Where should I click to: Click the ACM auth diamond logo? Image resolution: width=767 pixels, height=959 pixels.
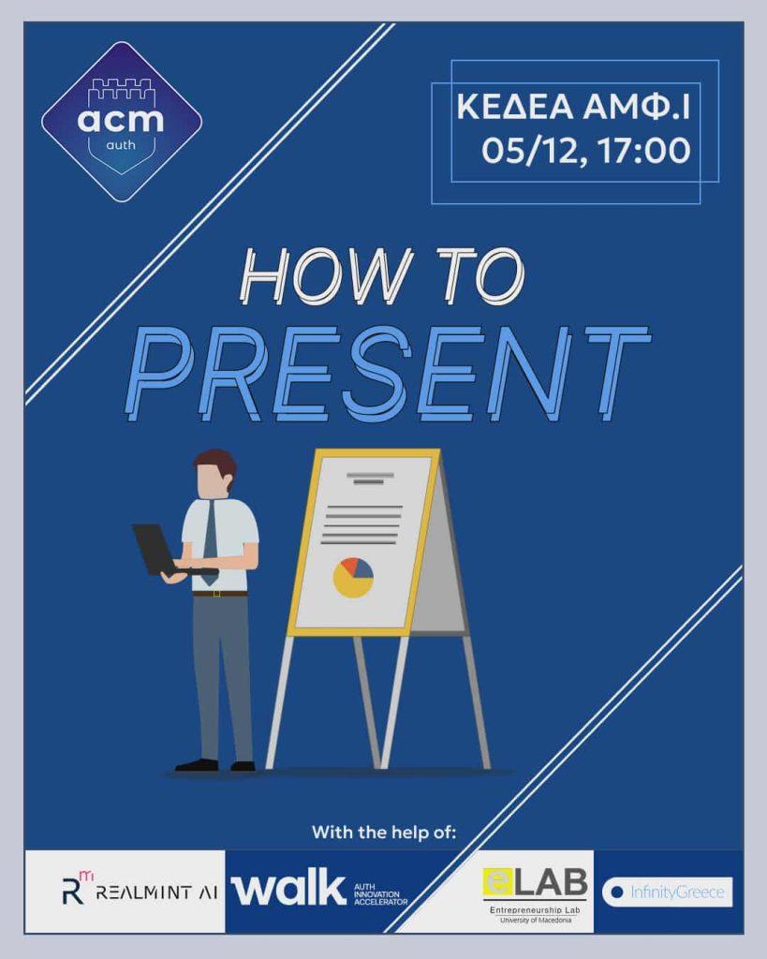click(x=122, y=122)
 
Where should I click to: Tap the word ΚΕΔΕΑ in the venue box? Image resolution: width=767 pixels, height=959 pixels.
click(x=515, y=107)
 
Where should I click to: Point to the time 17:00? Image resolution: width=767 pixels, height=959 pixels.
click(x=644, y=151)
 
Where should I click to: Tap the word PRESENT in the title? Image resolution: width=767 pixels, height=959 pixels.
click(x=387, y=373)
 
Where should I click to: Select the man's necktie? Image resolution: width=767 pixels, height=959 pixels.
click(x=210, y=542)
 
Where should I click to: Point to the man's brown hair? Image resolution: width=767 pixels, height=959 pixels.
click(x=216, y=465)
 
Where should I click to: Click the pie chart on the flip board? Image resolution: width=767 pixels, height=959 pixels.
click(x=353, y=577)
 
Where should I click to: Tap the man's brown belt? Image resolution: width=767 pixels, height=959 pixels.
click(x=220, y=593)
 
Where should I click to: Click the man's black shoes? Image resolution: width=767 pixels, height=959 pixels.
click(x=214, y=765)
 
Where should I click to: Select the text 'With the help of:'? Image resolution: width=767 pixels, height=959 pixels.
click(x=384, y=833)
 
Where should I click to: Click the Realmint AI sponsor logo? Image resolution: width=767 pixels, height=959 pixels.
click(x=140, y=891)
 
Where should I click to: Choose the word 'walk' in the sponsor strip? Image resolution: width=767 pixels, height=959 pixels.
click(x=288, y=887)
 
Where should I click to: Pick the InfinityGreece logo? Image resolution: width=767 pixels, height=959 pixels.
click(x=668, y=893)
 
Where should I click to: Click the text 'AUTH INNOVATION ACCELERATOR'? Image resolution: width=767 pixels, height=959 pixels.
click(x=380, y=894)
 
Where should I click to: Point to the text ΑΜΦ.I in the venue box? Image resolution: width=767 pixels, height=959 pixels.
click(x=636, y=107)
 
